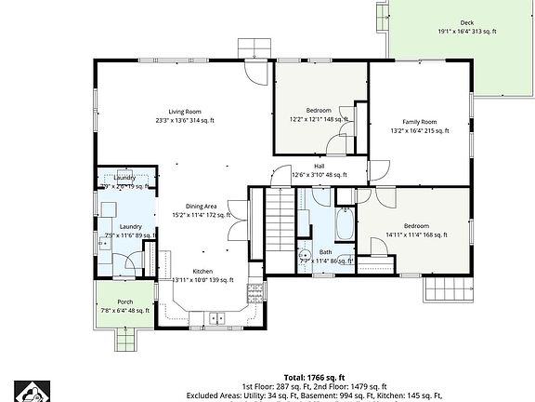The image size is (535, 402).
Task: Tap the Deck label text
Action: point(466,22)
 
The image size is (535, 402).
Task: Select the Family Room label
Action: point(419,122)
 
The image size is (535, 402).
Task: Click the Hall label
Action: point(319,166)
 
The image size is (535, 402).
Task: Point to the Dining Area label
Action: point(201,206)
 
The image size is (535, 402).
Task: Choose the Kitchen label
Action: point(202,271)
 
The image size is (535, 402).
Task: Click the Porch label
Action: point(124,301)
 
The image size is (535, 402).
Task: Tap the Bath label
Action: point(325,252)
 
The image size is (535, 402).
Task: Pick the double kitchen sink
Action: point(216,319)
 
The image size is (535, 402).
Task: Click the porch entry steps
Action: point(125,340)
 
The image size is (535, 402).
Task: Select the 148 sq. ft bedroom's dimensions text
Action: point(318,119)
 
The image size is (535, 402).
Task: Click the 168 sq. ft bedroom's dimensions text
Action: point(415,234)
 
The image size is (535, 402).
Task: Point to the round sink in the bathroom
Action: point(304,254)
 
